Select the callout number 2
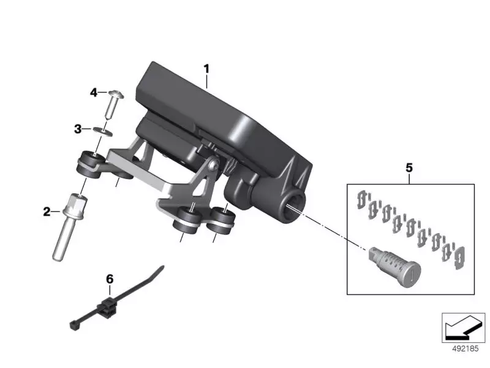[x=47, y=212]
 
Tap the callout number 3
[x=78, y=129]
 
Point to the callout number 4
[x=94, y=93]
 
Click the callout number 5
[x=409, y=166]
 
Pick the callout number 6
[x=110, y=279]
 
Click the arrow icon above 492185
[x=464, y=328]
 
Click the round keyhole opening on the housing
[x=293, y=205]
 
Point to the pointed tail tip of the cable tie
[x=163, y=267]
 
